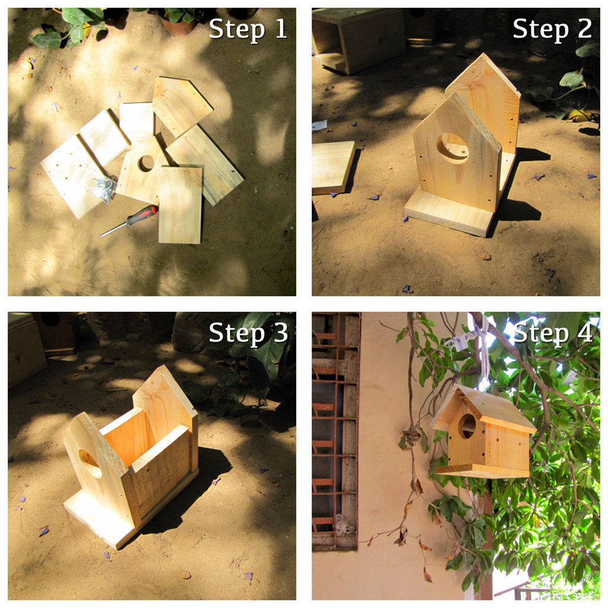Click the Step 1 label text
tap(248, 29)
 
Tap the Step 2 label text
tap(552, 29)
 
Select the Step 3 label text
tap(248, 333)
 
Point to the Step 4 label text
tap(552, 333)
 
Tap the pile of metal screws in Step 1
tap(104, 187)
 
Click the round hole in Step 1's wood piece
tap(145, 163)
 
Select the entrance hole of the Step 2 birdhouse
tap(452, 148)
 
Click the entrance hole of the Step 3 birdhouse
tap(89, 462)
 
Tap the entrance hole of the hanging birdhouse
tap(467, 426)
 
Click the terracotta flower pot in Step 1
tap(178, 25)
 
